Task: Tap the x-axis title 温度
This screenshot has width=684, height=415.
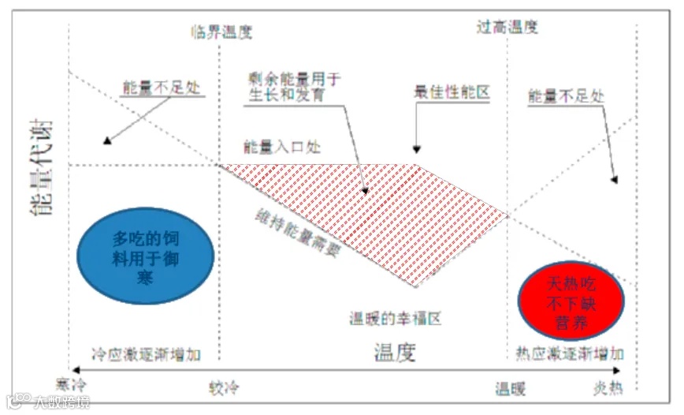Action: click(x=394, y=353)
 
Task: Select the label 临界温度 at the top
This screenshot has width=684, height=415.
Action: click(x=221, y=32)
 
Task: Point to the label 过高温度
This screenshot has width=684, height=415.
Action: click(x=507, y=27)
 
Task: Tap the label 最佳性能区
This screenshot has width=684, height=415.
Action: click(x=452, y=92)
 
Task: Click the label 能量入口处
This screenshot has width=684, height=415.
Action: click(x=281, y=147)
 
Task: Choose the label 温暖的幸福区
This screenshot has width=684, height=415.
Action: click(x=394, y=320)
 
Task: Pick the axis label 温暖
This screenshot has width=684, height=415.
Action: click(x=510, y=389)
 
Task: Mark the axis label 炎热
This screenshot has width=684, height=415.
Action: click(x=608, y=388)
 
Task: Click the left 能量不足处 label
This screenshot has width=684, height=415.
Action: click(x=162, y=87)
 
